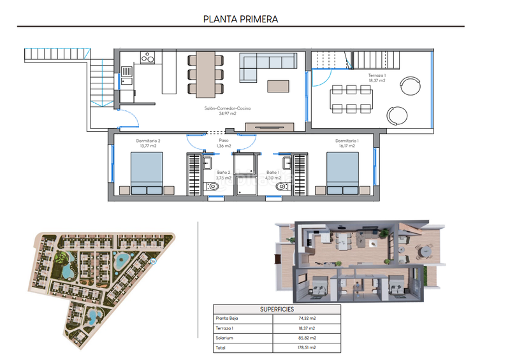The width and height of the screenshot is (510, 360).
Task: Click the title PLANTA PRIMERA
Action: (x=240, y=18)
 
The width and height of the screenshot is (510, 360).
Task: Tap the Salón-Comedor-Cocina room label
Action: (x=219, y=111)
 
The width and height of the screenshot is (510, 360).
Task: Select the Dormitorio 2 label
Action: (x=148, y=143)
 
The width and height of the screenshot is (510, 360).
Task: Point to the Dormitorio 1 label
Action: (x=347, y=143)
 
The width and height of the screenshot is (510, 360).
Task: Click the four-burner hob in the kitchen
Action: (x=147, y=58)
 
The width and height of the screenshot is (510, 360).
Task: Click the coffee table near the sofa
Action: (x=277, y=85)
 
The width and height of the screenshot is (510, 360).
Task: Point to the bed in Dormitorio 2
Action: (x=147, y=173)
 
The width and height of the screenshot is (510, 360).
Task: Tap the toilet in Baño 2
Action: (x=213, y=187)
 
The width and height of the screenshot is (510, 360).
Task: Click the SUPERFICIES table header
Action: (x=277, y=309)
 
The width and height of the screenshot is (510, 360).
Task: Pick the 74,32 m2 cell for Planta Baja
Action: (x=307, y=319)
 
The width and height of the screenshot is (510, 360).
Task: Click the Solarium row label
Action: (x=225, y=338)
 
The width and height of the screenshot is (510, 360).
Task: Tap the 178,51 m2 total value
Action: (x=307, y=348)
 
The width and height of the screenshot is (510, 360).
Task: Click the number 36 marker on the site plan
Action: (x=152, y=262)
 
